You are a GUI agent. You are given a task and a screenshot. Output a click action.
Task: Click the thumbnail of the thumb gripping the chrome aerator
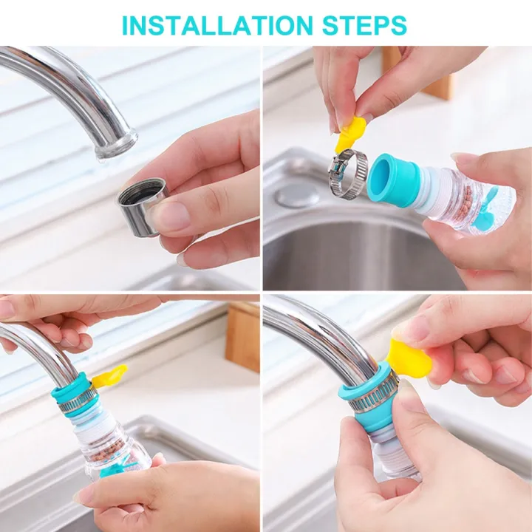(174, 216)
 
